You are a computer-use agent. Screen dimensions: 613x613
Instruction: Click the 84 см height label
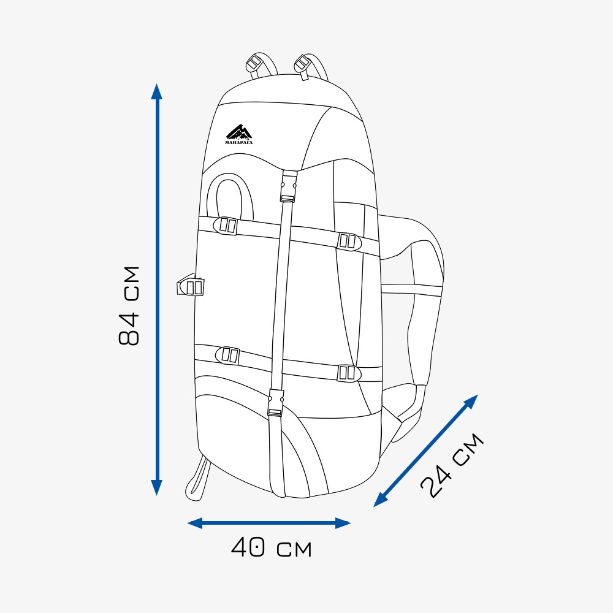click(129, 306)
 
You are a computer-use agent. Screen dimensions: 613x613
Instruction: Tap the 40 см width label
click(272, 547)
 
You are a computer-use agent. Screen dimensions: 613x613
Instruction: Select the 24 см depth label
click(452, 465)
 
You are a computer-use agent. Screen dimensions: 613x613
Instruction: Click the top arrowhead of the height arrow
click(157, 91)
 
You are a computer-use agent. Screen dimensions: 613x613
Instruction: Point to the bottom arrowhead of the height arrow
click(156, 487)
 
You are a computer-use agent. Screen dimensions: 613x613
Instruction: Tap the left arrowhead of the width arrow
click(195, 523)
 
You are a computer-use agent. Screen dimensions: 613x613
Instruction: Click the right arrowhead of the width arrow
click(343, 523)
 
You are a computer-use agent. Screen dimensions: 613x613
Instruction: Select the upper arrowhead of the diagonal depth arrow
click(471, 402)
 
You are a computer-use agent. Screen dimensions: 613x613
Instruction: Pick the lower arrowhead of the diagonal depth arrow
click(381, 500)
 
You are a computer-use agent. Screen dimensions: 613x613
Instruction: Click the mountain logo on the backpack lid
click(239, 134)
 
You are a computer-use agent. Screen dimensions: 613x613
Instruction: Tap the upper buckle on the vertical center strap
click(289, 186)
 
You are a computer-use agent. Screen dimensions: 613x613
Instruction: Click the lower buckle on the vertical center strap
click(276, 403)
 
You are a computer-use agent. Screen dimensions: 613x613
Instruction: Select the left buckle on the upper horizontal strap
click(226, 226)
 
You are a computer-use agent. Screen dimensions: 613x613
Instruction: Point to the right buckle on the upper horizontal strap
click(349, 242)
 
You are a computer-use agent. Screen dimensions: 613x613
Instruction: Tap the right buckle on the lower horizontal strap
click(349, 373)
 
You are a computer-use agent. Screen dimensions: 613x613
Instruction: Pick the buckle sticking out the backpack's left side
click(191, 286)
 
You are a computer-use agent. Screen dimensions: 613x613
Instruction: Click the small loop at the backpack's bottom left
click(198, 478)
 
